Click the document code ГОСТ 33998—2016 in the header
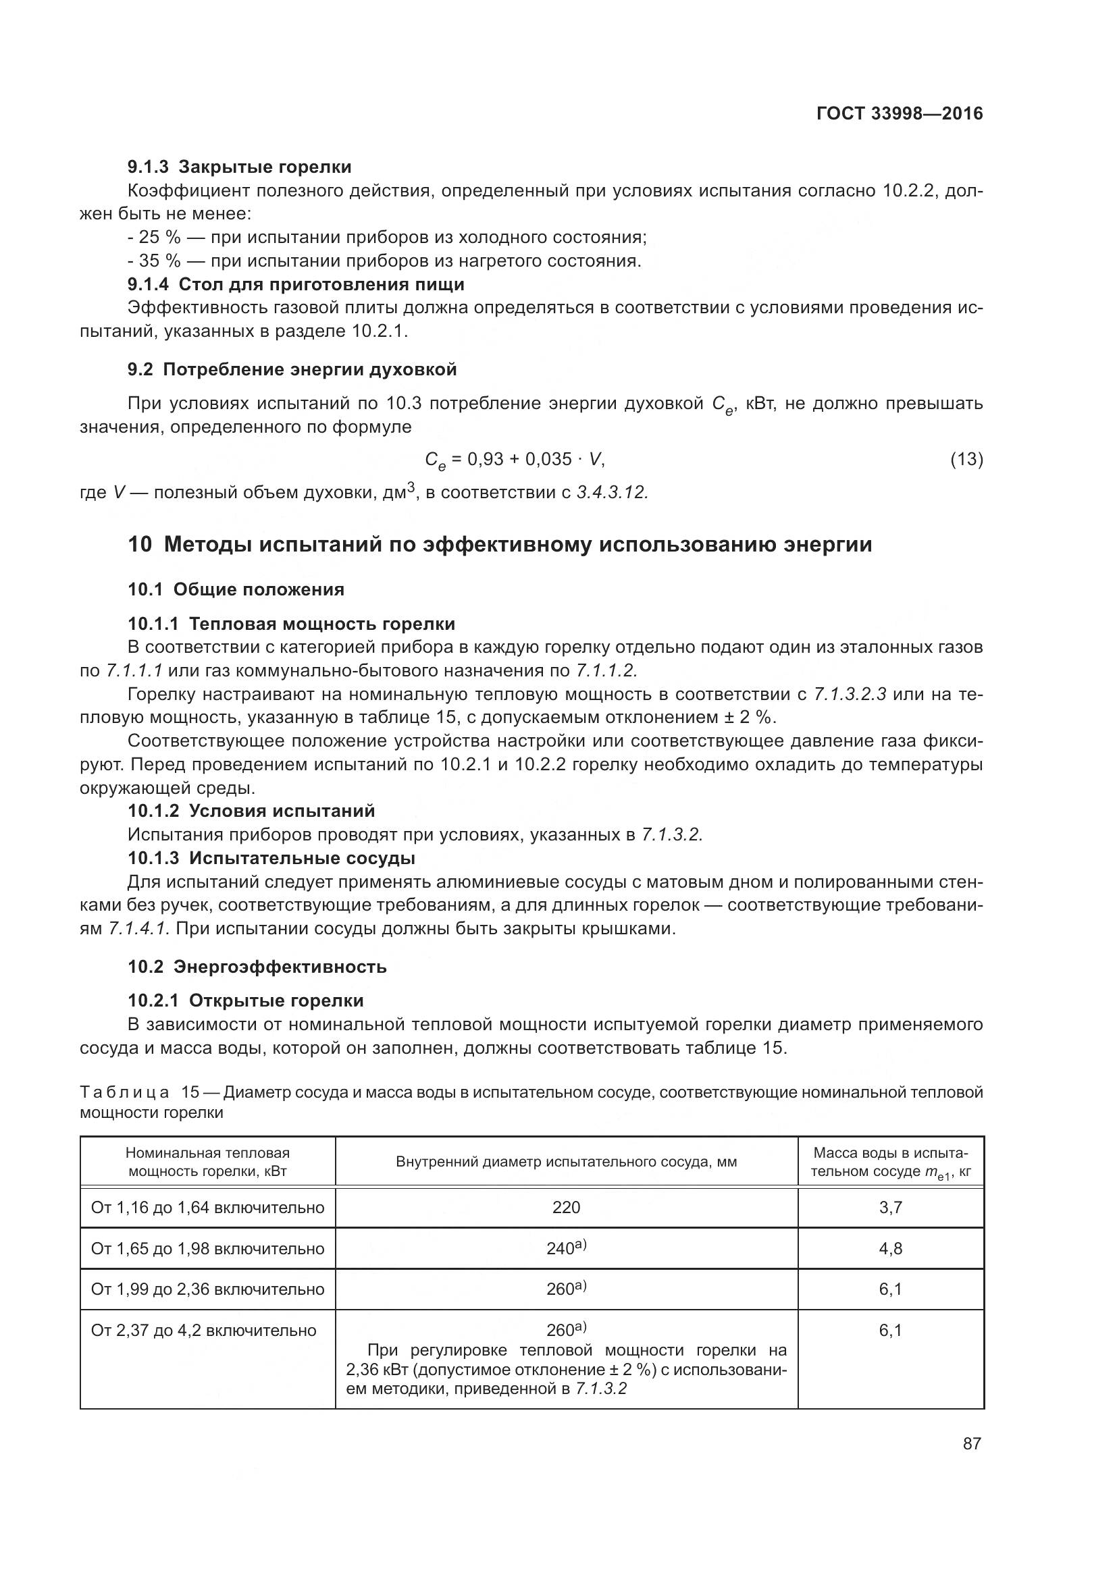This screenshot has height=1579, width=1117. pyautogui.click(x=900, y=113)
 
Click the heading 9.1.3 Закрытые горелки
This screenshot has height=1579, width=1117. pyautogui.click(x=239, y=167)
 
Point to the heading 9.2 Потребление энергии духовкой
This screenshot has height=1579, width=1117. pyautogui.click(x=292, y=369)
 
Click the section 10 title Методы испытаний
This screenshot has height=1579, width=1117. pyautogui.click(x=500, y=544)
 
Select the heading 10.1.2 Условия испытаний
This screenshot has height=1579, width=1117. pyautogui.click(x=252, y=810)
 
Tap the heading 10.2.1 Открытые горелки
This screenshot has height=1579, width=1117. pyautogui.click(x=246, y=1000)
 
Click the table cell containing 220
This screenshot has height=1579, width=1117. pyautogui.click(x=566, y=1207)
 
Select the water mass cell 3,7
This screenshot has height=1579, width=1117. pyautogui.click(x=891, y=1207)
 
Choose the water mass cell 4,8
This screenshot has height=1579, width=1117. pyautogui.click(x=891, y=1248)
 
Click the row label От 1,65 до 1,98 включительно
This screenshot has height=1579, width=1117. pyautogui.click(x=208, y=1248)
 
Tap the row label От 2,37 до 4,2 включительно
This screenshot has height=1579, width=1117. pyautogui.click(x=203, y=1330)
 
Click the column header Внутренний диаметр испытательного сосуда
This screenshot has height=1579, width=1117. pyautogui.click(x=566, y=1162)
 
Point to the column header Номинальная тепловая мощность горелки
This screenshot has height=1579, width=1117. pyautogui.click(x=208, y=1162)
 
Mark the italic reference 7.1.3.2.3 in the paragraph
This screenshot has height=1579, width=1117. pyautogui.click(x=850, y=694)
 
